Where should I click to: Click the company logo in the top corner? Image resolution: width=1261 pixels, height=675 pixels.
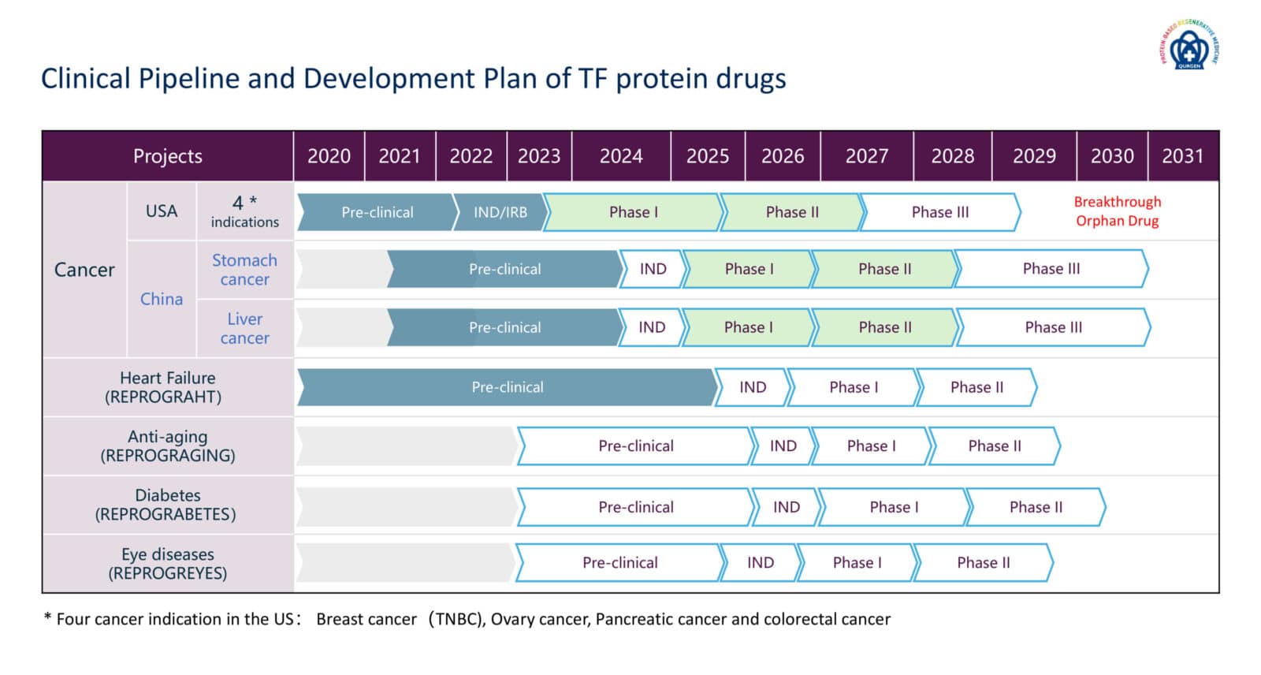(1189, 46)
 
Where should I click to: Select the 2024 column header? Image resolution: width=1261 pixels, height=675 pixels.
(621, 156)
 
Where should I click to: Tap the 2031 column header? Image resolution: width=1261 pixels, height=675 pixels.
(1182, 156)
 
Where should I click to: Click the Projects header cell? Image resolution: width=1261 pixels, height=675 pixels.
(167, 156)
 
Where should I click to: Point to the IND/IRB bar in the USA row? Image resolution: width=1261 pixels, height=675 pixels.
(500, 212)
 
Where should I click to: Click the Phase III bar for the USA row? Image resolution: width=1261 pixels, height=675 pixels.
(939, 212)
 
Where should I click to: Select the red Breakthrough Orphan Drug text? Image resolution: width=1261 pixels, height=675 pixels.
(1117, 211)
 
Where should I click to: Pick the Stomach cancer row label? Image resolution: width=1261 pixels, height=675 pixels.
(244, 270)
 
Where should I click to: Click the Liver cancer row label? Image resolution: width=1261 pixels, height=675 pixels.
(244, 328)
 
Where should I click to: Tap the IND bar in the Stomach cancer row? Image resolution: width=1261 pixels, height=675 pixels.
(652, 269)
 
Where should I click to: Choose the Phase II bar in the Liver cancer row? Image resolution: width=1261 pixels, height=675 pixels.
(884, 327)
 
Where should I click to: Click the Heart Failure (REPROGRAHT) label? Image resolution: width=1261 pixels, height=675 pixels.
(167, 387)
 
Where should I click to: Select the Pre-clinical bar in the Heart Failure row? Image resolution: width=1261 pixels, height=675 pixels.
(507, 387)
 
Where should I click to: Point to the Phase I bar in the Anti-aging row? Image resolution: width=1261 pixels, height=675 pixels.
(871, 446)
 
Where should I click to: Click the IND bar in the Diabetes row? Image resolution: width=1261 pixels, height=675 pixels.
(786, 507)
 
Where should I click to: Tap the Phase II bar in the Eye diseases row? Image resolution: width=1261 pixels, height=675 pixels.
(983, 562)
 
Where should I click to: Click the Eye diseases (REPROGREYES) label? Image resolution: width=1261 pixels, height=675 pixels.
(167, 564)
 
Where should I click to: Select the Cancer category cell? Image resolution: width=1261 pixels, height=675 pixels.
(84, 270)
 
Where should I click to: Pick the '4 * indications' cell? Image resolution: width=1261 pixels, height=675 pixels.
(244, 211)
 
